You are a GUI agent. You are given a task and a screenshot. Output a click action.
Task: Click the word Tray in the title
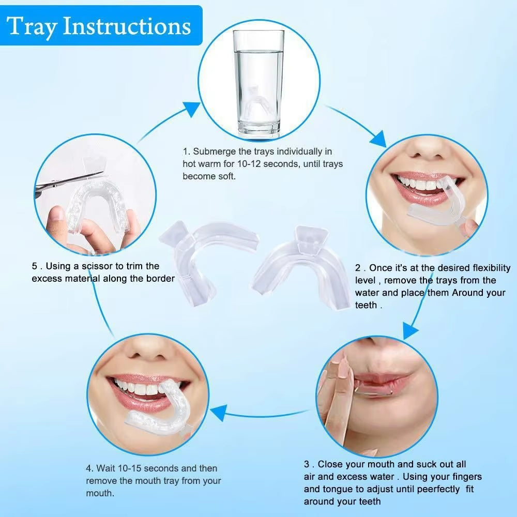click(x=32, y=26)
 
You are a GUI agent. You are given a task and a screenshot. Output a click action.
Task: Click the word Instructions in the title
click(x=127, y=26)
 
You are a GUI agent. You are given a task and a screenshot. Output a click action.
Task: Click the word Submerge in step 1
click(x=215, y=151)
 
